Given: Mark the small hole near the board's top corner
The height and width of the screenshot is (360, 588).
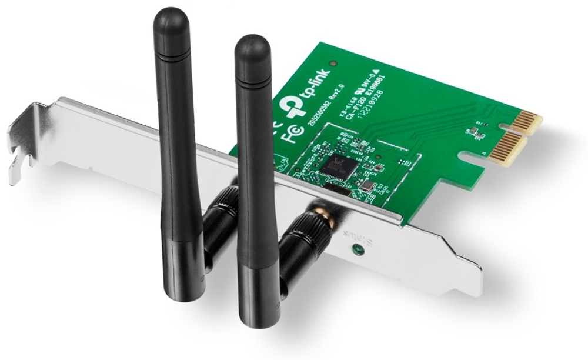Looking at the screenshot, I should coord(333,62).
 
